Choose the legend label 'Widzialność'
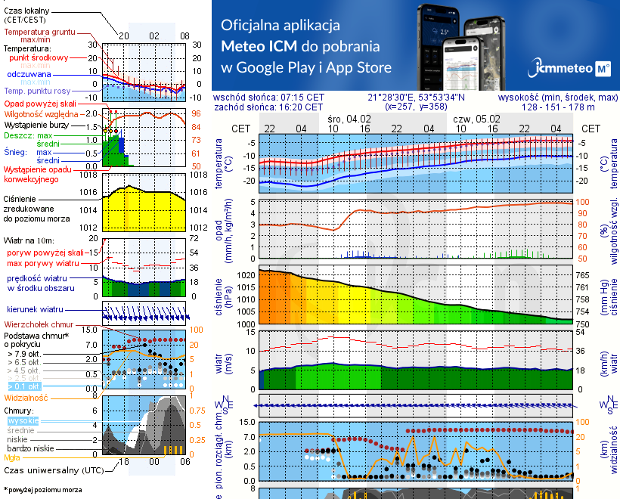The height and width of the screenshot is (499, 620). point(26,397)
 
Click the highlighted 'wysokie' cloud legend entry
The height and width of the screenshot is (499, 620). point(23,420)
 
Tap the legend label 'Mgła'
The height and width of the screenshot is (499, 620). point(12,457)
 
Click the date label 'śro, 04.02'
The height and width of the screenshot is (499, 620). point(350,119)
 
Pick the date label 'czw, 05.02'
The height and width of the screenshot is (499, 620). point(477,119)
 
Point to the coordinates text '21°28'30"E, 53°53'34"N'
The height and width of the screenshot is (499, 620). point(417,98)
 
